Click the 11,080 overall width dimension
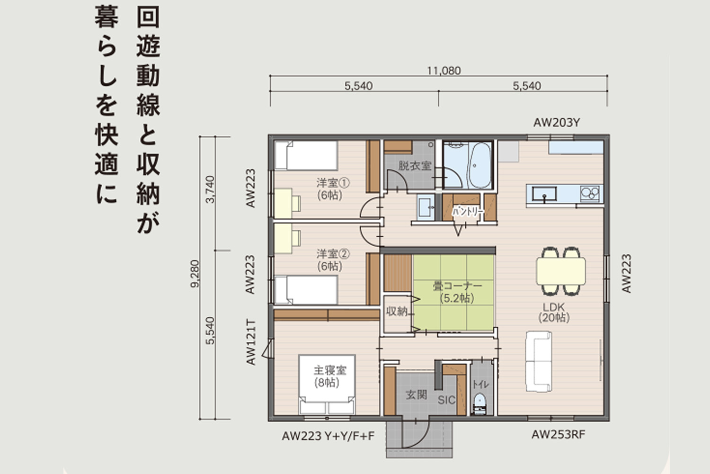coord(444,71)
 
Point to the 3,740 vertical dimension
coord(210,189)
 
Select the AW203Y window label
coord(557,123)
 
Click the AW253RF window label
coord(558,435)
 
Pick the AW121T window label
coord(250,342)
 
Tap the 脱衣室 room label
coord(415,166)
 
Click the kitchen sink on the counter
coord(544,194)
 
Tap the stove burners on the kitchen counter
coord(590,193)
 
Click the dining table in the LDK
coord(561,271)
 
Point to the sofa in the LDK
coord(539,362)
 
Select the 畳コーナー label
coord(457,286)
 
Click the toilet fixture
coord(479,404)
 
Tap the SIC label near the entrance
coord(446,401)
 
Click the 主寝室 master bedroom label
coord(330,370)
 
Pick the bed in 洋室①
coord(306,156)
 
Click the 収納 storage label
coord(397,312)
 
